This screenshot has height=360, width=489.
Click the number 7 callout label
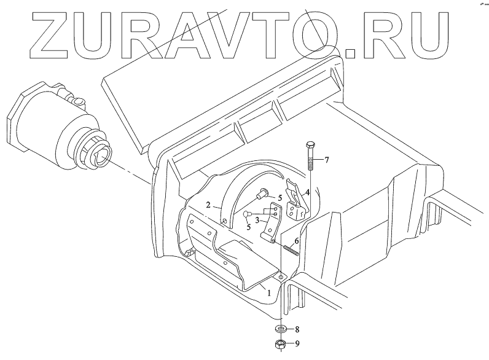[327, 160]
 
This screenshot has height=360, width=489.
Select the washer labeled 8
[280, 329]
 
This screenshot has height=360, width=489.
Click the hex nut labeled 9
[280, 344]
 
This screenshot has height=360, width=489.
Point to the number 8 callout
[298, 330]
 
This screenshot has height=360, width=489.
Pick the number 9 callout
[298, 345]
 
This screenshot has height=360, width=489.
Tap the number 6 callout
[296, 241]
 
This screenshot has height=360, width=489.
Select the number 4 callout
[307, 193]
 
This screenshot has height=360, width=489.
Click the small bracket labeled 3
[271, 224]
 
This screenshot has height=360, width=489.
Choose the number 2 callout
[209, 205]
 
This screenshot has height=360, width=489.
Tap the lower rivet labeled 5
[248, 213]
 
